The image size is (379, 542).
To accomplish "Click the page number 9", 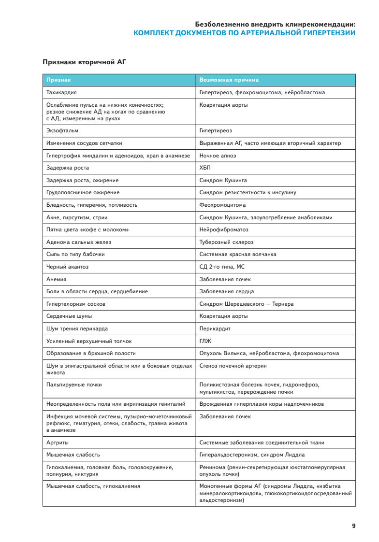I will point(353,526).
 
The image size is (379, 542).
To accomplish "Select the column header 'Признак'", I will point(58,80).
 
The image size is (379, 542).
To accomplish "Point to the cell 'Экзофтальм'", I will point(62,130).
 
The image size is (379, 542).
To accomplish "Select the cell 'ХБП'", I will point(205,168).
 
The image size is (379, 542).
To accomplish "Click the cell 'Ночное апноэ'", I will point(218,156).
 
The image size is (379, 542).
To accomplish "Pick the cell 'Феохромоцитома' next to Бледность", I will point(222,205).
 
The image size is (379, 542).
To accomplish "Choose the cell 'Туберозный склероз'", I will point(226,242).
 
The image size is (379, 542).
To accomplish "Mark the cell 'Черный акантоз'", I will point(67,267).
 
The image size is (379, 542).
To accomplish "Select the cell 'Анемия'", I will point(56,279).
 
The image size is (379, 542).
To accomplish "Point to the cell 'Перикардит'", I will point(215,328).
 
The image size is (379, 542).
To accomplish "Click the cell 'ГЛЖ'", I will point(205,341).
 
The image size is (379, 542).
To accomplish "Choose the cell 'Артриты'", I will point(58,442).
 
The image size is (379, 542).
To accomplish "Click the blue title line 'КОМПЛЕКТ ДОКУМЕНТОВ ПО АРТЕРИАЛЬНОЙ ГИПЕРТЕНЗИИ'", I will point(244,33).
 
